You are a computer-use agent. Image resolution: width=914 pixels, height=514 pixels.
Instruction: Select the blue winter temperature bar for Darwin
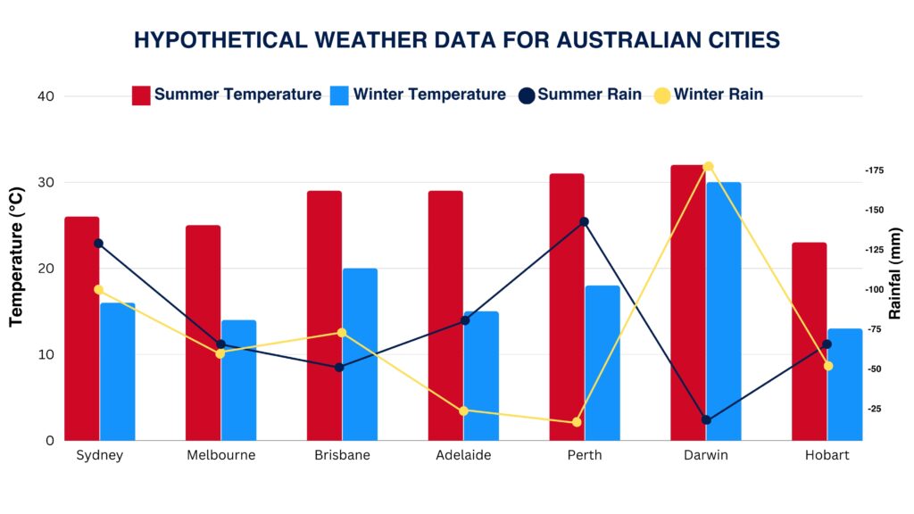click(x=724, y=311)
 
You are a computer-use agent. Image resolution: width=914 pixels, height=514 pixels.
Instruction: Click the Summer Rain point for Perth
click(x=585, y=221)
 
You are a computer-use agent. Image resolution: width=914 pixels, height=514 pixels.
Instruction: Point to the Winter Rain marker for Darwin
click(x=709, y=167)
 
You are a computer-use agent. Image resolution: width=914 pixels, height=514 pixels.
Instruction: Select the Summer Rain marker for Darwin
click(x=706, y=419)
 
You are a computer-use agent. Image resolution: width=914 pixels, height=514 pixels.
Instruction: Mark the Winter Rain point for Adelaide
click(x=463, y=410)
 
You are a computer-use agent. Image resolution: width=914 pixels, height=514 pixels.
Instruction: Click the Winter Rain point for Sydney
click(x=98, y=289)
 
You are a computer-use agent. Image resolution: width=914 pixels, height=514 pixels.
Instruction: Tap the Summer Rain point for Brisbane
click(x=339, y=367)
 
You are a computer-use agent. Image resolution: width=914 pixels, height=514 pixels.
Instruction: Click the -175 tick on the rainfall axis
click(x=874, y=170)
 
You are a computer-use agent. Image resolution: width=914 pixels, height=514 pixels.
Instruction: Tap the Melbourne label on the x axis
click(x=220, y=455)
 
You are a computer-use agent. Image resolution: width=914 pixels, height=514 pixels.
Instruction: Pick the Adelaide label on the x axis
click(x=463, y=455)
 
